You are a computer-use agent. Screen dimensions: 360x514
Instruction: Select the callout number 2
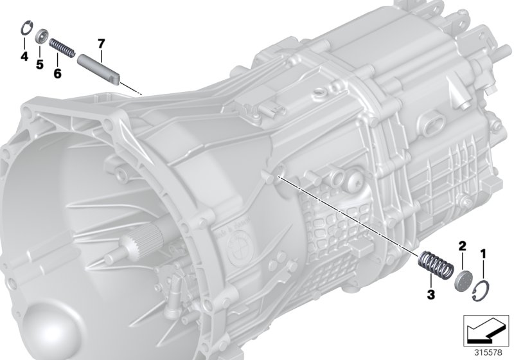pyautogui.click(x=461, y=246)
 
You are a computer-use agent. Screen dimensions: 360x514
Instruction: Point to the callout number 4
pyautogui.click(x=24, y=57)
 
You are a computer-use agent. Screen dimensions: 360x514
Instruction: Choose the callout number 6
pyautogui.click(x=57, y=73)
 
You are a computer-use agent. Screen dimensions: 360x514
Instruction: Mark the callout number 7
pyautogui.click(x=100, y=44)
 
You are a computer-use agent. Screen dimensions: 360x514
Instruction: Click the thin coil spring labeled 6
pyautogui.click(x=62, y=48)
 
